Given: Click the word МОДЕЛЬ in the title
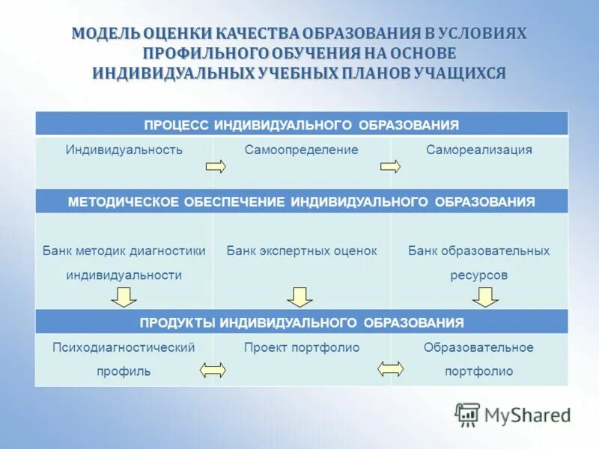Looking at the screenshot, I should pyautogui.click(x=104, y=34).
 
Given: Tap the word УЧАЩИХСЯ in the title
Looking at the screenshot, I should pyautogui.click(x=464, y=73).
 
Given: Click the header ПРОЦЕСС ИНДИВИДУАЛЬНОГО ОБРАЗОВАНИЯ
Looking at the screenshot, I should pyautogui.click(x=301, y=124).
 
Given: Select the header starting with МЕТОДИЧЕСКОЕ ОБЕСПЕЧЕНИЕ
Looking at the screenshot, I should pyautogui.click(x=301, y=202).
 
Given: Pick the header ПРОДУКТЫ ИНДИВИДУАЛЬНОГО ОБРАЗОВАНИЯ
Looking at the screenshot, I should pyautogui.click(x=301, y=323).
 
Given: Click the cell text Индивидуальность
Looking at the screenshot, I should pyautogui.click(x=124, y=150).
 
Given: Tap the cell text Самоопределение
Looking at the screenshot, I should pyautogui.click(x=301, y=150).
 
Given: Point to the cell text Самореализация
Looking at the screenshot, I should pyautogui.click(x=479, y=150).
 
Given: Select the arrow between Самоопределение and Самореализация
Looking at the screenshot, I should pyautogui.click(x=390, y=166).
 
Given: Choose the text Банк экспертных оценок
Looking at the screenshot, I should pyautogui.click(x=302, y=251).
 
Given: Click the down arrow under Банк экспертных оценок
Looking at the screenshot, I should pyautogui.click(x=300, y=297).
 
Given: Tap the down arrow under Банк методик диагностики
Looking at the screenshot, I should pyautogui.click(x=124, y=297).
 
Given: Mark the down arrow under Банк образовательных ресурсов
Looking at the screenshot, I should pyautogui.click(x=485, y=297).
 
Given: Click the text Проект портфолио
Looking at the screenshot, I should pyautogui.click(x=302, y=347).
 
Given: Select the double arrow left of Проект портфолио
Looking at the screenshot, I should pyautogui.click(x=213, y=369).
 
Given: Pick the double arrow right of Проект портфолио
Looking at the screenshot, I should pyautogui.click(x=390, y=369).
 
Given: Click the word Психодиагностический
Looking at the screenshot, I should pyautogui.click(x=124, y=347).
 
